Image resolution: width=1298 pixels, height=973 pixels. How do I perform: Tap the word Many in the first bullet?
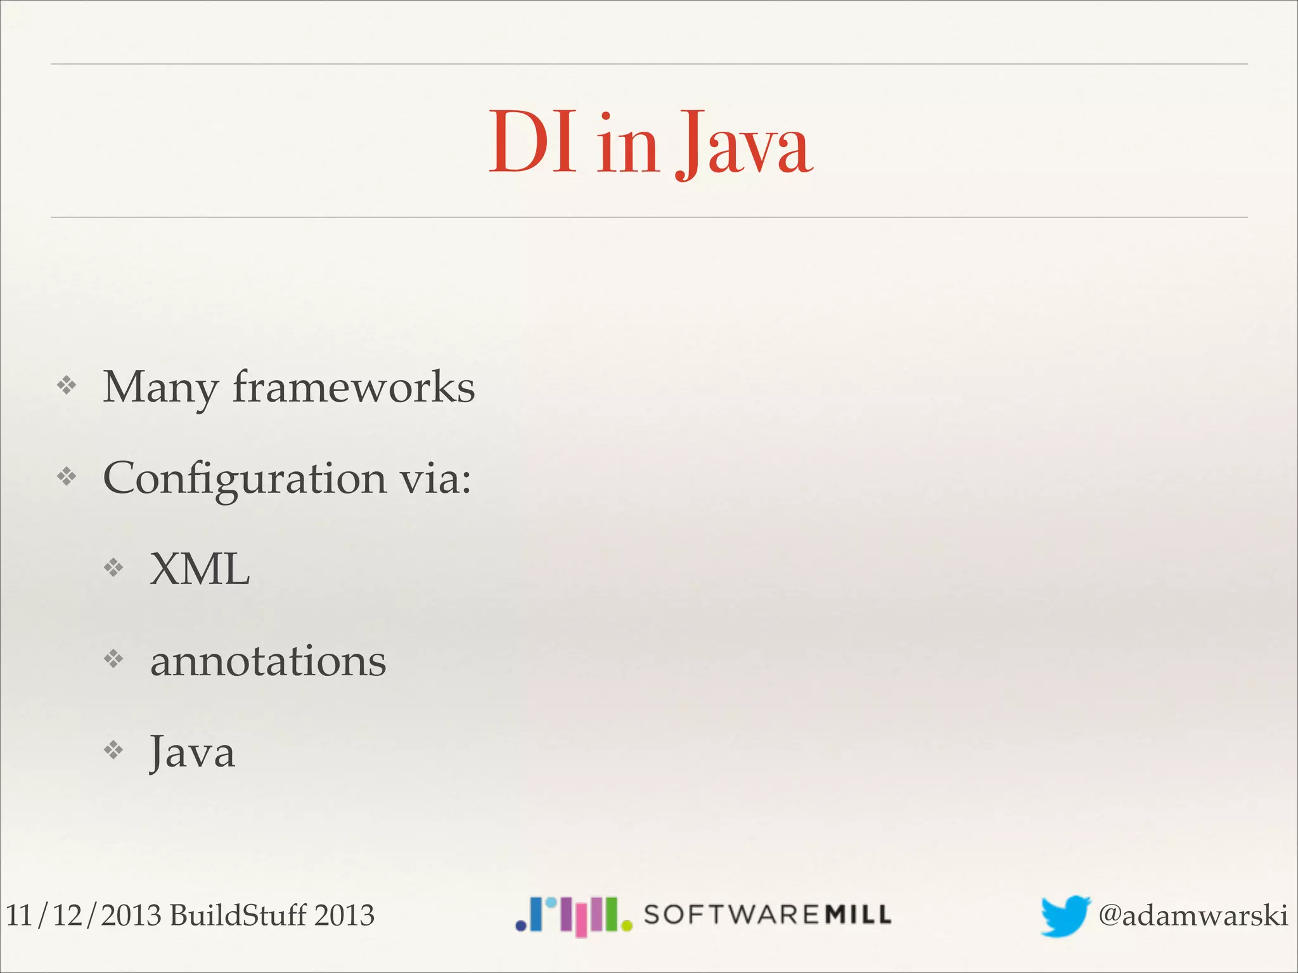[x=160, y=387]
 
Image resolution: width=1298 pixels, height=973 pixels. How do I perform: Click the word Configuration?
[x=244, y=478]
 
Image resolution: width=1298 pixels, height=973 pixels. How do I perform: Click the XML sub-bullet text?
[x=200, y=569]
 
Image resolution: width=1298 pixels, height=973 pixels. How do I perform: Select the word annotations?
[x=268, y=661]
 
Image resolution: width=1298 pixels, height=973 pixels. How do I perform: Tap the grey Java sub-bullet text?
[x=192, y=753]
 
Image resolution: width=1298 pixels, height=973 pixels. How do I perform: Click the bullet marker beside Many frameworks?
[x=67, y=385]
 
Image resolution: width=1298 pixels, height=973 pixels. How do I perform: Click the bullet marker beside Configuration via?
[x=67, y=476]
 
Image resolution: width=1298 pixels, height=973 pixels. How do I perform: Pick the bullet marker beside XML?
[x=113, y=567]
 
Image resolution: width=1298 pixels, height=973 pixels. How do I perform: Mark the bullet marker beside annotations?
[x=113, y=659]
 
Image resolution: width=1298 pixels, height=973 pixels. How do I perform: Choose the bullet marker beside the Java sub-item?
[x=113, y=750]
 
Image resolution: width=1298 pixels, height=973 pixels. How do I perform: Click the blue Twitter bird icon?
[x=1064, y=915]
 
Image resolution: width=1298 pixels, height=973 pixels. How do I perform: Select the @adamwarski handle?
[x=1192, y=915]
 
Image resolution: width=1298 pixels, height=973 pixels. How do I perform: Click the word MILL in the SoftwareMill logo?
[x=858, y=914]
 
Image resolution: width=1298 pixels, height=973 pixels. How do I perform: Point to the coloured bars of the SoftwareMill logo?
[x=574, y=915]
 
